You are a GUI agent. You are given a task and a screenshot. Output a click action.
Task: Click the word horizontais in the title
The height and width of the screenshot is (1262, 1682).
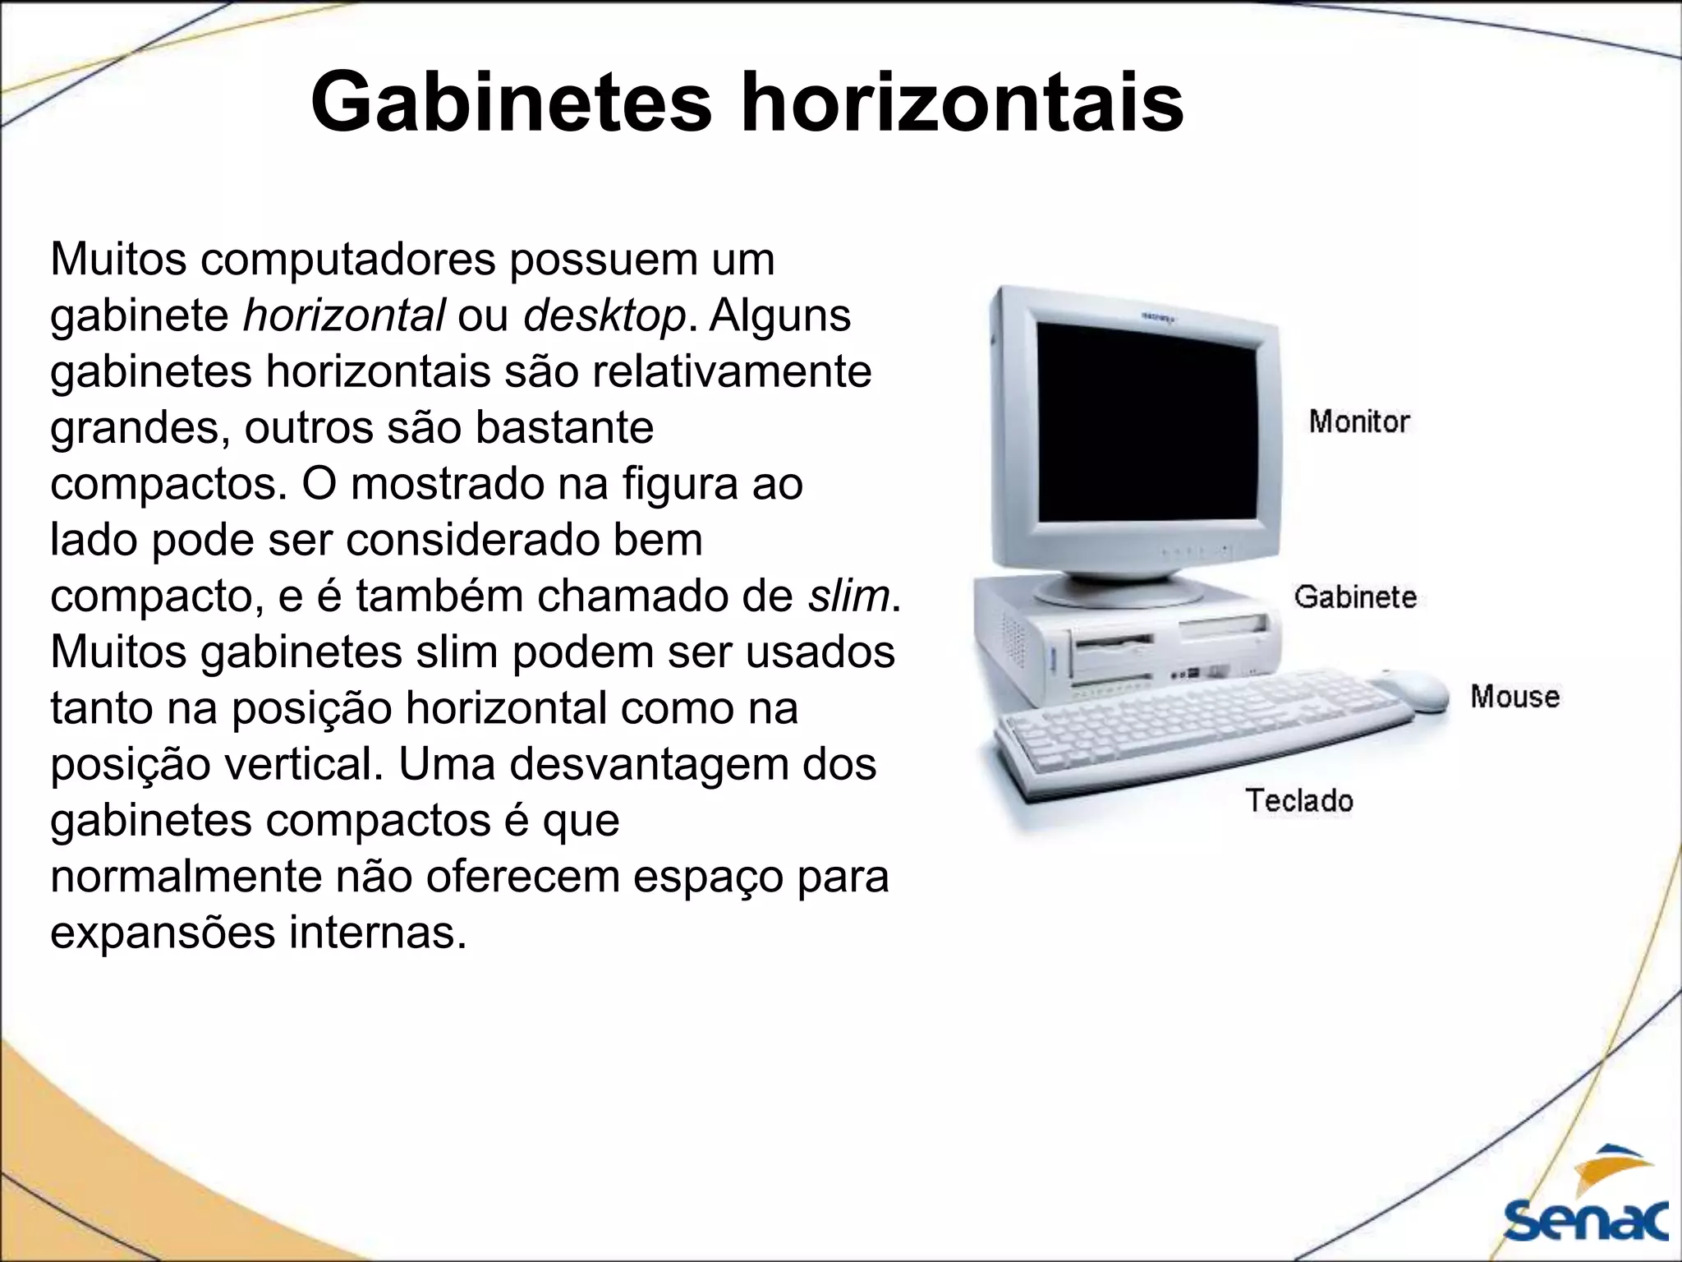coord(962,104)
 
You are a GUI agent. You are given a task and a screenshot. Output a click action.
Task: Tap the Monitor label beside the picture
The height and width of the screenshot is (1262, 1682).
coord(1358,421)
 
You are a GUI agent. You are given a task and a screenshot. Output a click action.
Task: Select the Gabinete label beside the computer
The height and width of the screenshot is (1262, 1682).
coord(1355,596)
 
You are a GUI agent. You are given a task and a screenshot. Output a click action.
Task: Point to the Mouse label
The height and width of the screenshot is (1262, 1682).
coord(1514,697)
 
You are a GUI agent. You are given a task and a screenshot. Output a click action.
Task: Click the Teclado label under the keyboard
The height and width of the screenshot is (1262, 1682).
coord(1298,800)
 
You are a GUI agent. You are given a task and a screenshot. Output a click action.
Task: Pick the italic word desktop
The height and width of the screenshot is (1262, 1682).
coord(604,316)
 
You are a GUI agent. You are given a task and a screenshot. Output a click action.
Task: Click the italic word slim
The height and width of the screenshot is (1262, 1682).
coord(848,596)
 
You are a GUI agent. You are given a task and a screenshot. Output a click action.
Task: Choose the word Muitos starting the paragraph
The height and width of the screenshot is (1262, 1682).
coord(118,259)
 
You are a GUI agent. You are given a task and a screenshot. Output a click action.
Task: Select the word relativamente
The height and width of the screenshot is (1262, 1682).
coord(731,371)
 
